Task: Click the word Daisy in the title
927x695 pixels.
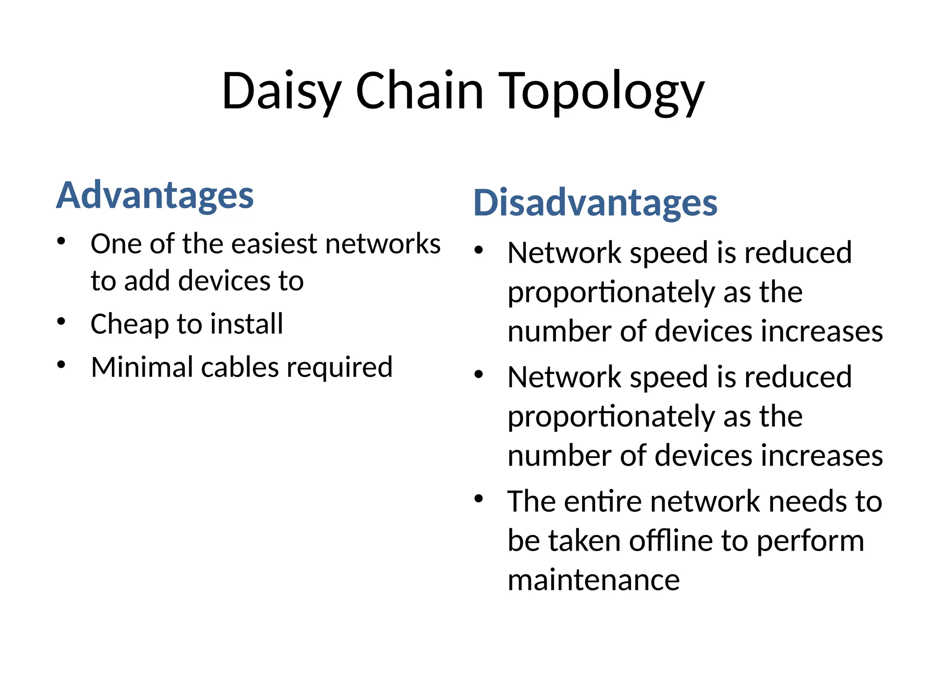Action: click(x=281, y=92)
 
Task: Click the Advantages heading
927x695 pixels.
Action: click(x=155, y=195)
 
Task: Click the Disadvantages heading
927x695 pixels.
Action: click(x=595, y=203)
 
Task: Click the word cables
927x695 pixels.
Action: click(x=239, y=367)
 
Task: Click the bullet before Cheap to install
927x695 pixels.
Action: click(x=62, y=322)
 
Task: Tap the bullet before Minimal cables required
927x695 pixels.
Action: click(x=62, y=364)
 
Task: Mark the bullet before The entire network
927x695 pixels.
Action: click(x=479, y=499)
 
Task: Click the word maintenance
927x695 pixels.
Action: click(x=593, y=580)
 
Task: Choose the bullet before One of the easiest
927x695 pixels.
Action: click(x=62, y=241)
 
